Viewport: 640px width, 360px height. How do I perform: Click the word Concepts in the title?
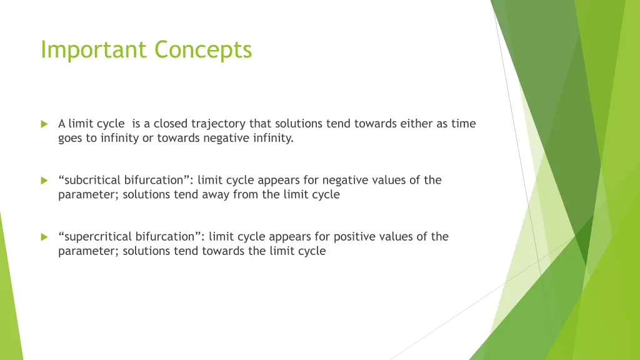tap(203, 50)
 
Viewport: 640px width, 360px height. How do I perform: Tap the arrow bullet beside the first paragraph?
tap(44, 124)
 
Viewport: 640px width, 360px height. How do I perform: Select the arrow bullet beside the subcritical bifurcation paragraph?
tap(44, 181)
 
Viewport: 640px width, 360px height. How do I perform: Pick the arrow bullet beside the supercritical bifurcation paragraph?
tap(44, 237)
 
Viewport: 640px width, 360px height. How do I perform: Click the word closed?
tap(171, 124)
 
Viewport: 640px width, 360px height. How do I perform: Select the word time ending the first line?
tap(464, 124)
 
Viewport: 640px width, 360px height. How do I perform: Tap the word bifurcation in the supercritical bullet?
tap(172, 236)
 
